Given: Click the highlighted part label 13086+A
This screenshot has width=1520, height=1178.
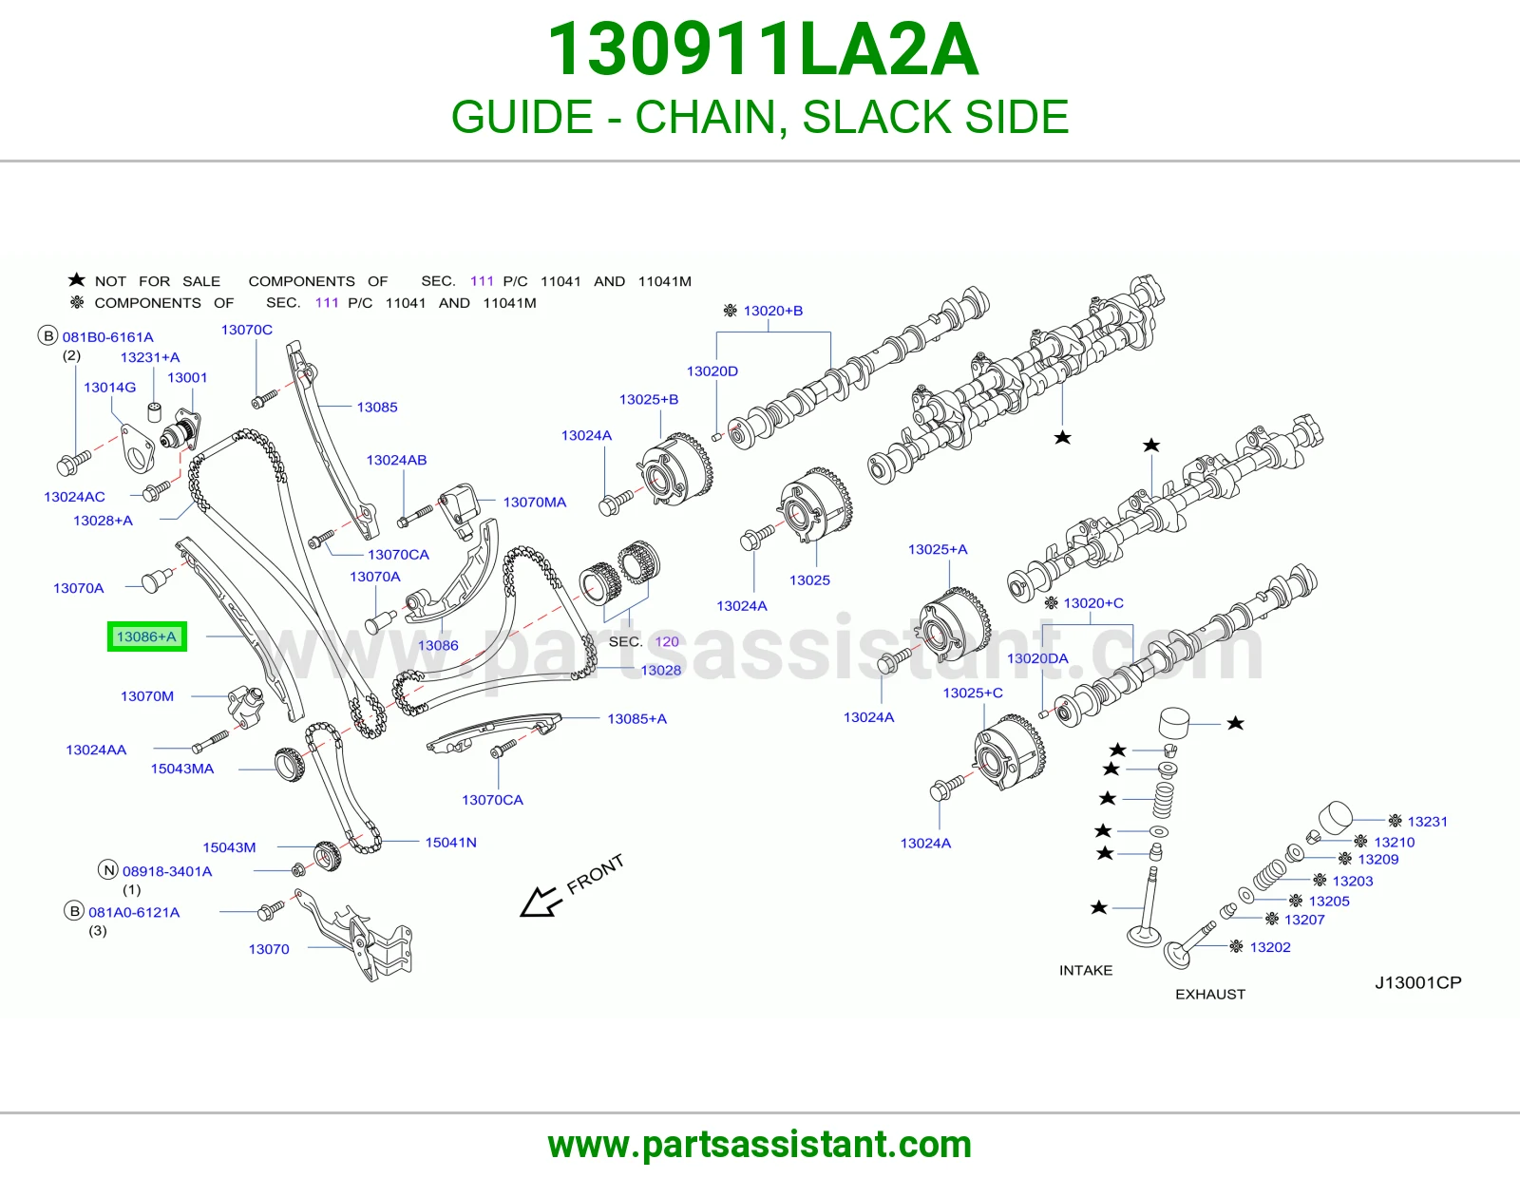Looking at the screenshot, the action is pos(146,636).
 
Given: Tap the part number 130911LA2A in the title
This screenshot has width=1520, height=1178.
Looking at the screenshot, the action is pos(762,49).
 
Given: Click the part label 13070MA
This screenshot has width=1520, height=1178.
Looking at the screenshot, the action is pos(535,503).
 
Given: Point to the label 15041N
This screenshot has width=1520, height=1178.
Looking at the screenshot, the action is pos(450,843).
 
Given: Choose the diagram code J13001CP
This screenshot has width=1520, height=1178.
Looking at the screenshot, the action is pos(1417,983).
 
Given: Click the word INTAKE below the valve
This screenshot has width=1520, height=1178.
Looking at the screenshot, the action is pos(1086,970).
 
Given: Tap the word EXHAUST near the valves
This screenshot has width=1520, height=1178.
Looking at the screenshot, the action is pos(1210,994).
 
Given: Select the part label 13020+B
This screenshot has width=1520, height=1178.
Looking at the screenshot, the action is pos(773,311).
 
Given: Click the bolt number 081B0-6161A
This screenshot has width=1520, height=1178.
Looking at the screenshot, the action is pos(107,337).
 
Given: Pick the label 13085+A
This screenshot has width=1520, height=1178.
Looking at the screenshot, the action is pos(636,719).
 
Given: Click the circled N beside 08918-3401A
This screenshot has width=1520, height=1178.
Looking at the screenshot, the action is pos(108,870).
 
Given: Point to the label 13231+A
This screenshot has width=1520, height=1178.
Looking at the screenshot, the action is pos(150,357).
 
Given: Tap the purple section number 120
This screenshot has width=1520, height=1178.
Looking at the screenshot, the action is pos(667,641).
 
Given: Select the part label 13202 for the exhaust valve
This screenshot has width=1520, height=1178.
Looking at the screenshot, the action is pos(1270,947).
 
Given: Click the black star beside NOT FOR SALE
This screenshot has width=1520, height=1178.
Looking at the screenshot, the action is pos(76,280).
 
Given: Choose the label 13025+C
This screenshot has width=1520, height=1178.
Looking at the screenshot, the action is pos(972,693).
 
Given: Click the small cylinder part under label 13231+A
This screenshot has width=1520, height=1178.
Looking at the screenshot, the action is pos(155,412).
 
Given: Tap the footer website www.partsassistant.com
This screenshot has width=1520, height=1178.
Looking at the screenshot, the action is pos(760,1145).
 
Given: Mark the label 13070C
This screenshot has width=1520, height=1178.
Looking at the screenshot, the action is pos(247,330).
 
